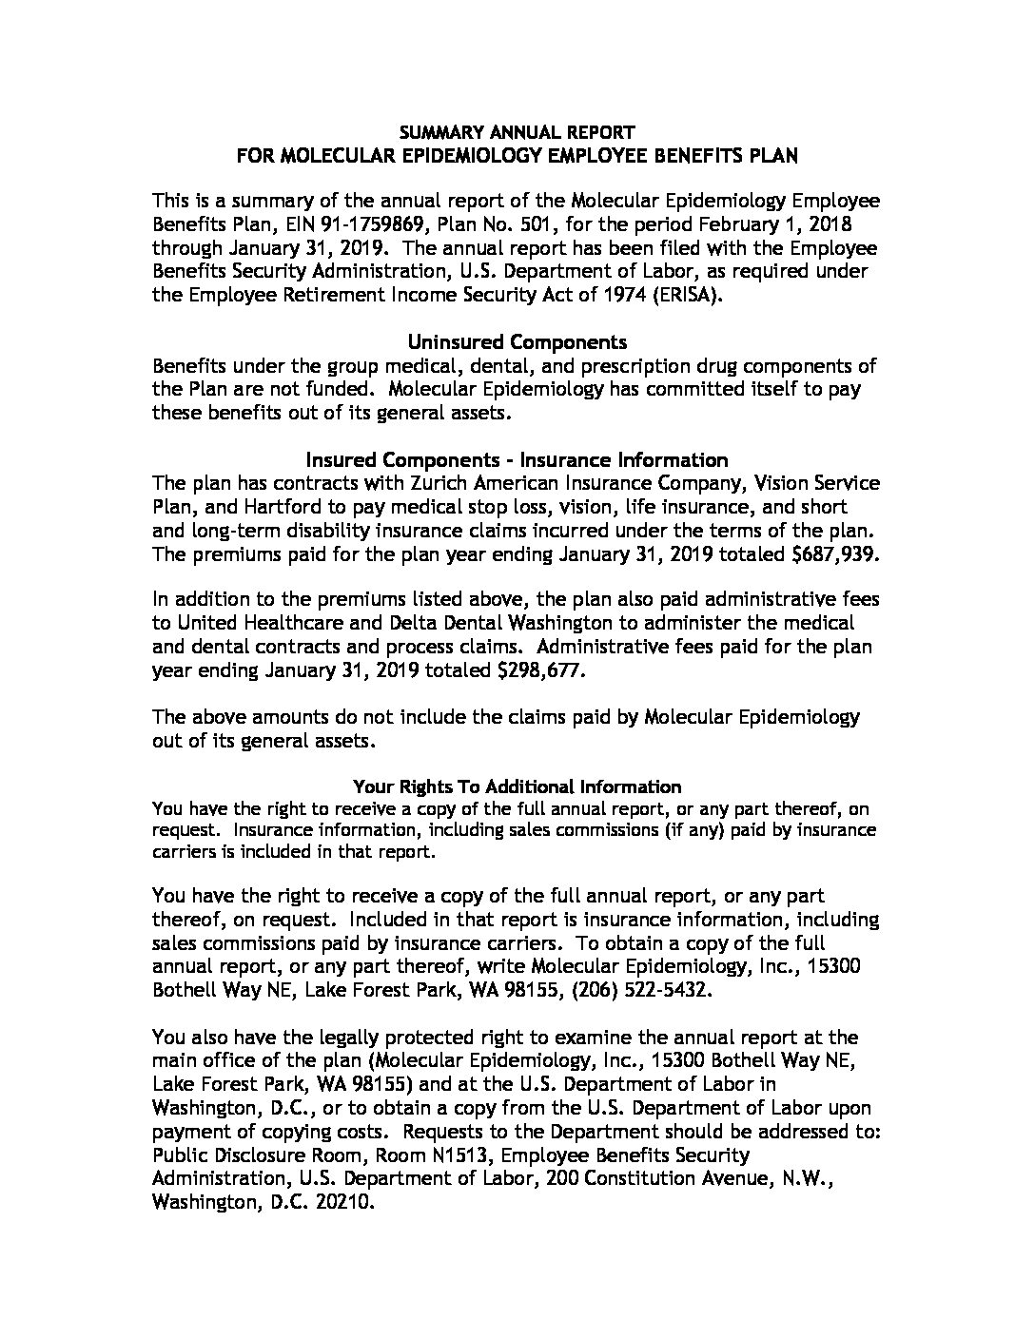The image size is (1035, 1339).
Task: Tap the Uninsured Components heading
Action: click(x=517, y=341)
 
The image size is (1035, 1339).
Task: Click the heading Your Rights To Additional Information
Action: click(x=517, y=786)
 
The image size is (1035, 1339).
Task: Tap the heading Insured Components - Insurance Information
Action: click(x=517, y=460)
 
